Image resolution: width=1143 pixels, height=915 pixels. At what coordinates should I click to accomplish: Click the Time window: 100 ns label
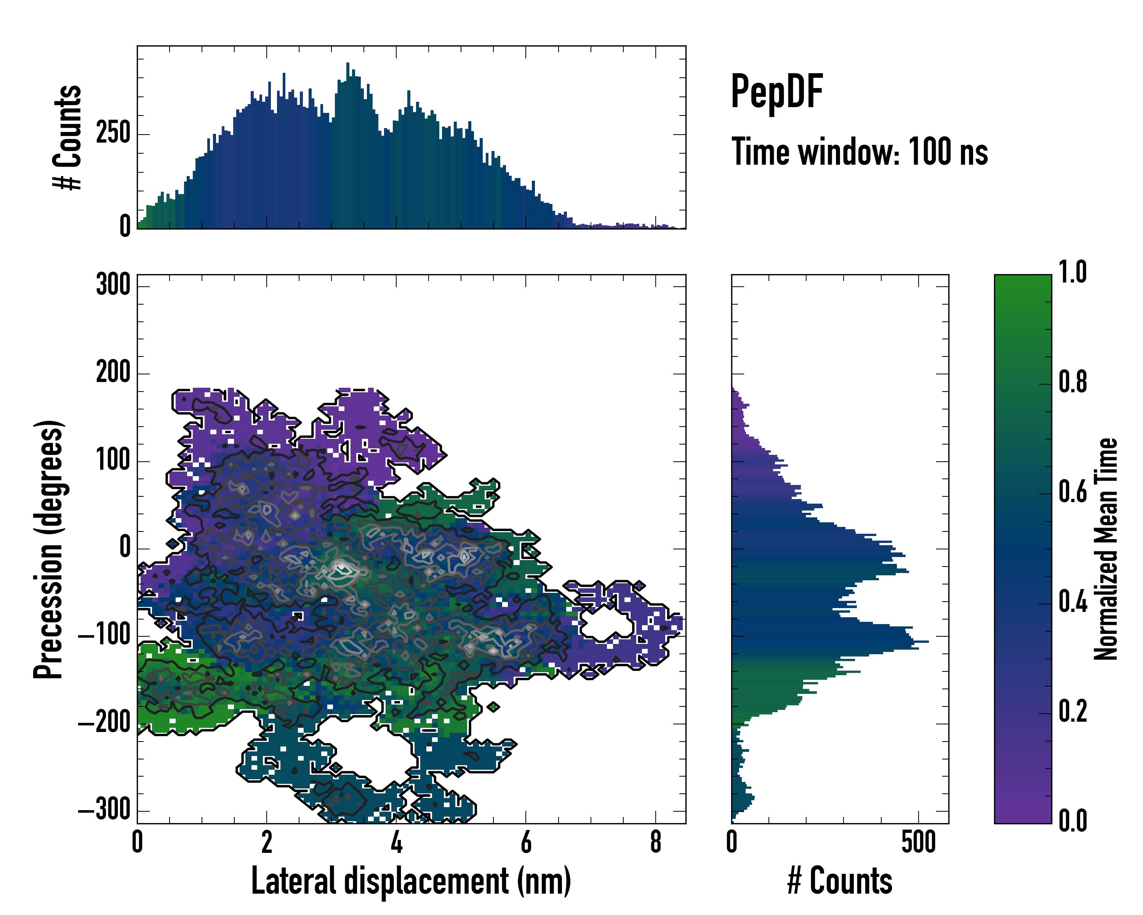[x=860, y=152]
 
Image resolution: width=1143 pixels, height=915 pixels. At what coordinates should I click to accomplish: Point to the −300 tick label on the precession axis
[x=104, y=810]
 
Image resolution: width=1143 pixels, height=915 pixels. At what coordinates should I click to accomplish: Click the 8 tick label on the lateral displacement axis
[x=655, y=842]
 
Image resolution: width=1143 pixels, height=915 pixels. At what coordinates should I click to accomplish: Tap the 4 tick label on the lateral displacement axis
[x=396, y=842]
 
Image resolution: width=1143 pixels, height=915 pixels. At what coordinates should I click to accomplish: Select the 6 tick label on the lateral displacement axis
[x=525, y=842]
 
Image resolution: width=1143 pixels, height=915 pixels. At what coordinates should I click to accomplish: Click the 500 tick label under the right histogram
[x=918, y=842]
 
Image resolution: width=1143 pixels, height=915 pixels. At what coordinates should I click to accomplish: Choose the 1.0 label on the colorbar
[x=1073, y=273]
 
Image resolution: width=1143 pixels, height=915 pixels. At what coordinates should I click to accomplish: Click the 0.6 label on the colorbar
[x=1073, y=492]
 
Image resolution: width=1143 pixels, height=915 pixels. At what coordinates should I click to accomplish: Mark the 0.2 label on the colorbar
[x=1073, y=712]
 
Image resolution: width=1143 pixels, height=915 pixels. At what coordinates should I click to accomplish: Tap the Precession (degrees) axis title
[x=49, y=549]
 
